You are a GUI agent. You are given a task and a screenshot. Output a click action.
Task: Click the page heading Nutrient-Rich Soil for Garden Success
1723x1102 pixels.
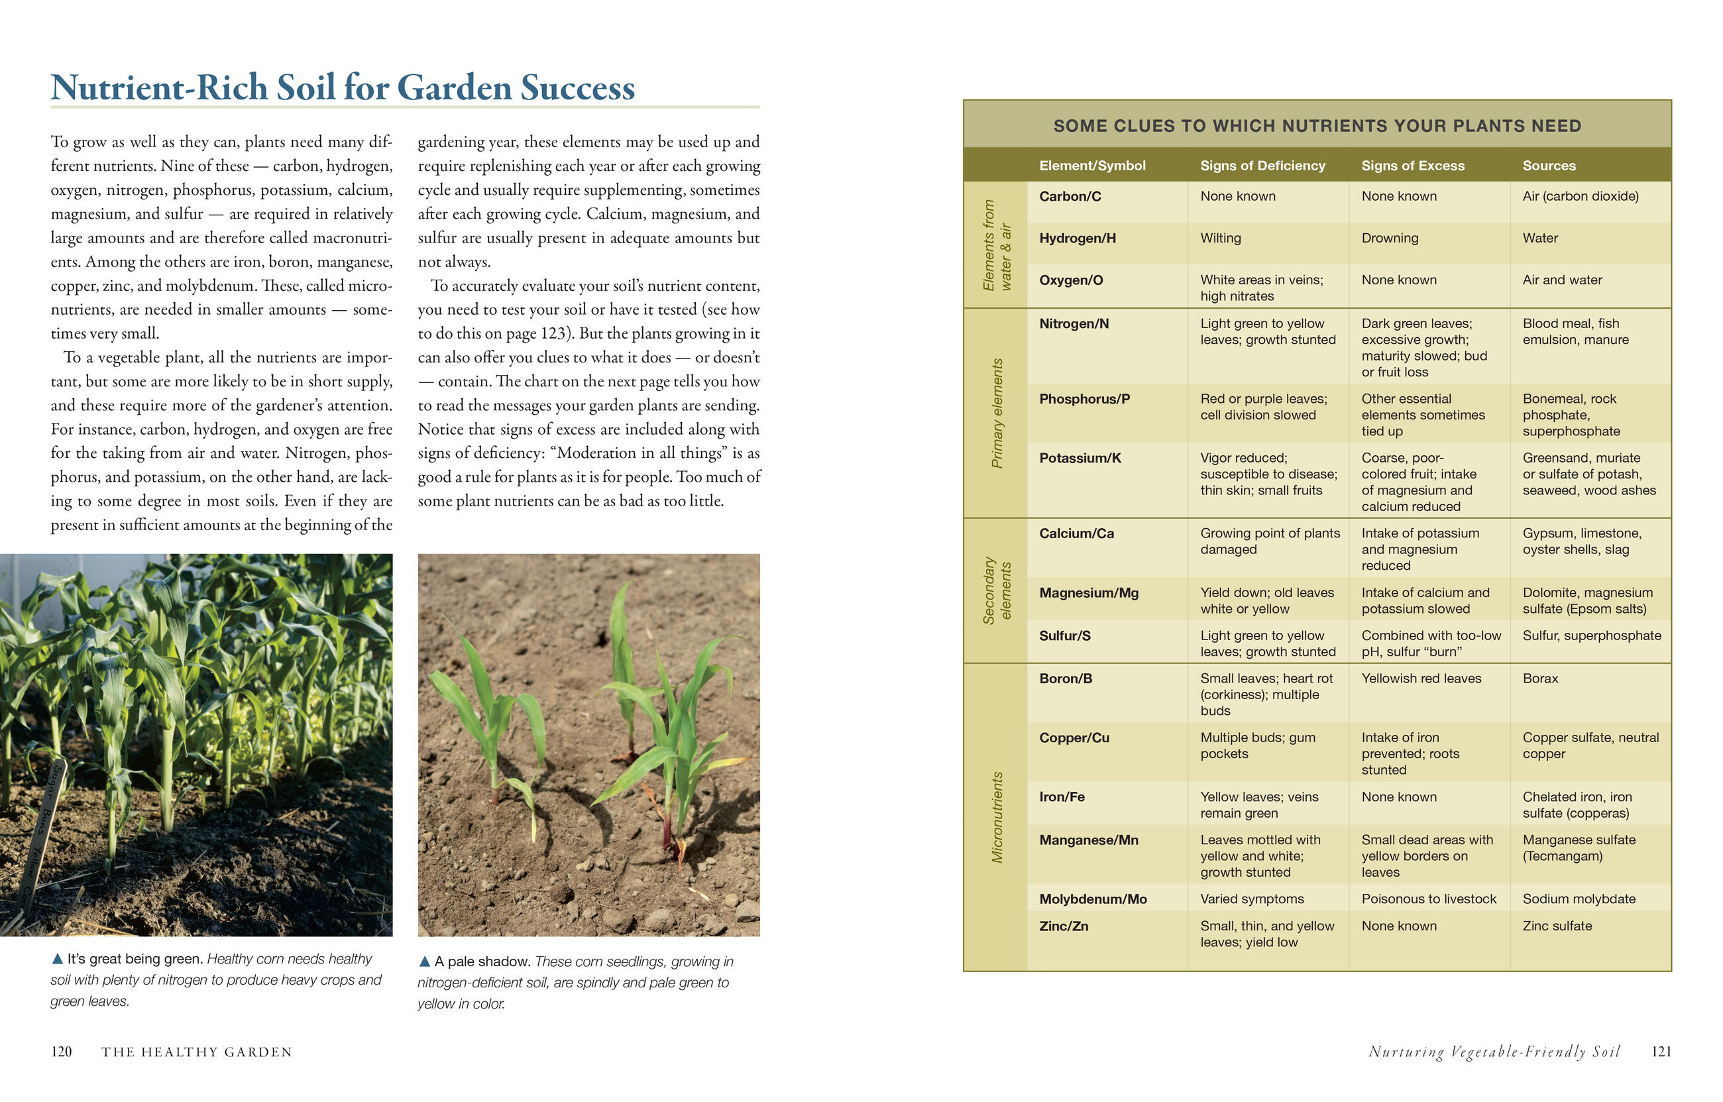click(343, 87)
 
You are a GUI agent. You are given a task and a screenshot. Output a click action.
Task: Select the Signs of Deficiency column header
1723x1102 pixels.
click(1262, 165)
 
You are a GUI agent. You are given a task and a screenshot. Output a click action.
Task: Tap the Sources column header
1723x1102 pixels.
click(1549, 165)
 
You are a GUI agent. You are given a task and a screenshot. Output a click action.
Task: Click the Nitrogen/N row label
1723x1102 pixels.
click(1074, 323)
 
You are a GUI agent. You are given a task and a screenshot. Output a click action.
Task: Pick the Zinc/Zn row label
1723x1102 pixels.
click(1063, 926)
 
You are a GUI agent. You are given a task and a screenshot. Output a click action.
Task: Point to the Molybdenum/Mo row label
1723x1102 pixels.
click(1093, 899)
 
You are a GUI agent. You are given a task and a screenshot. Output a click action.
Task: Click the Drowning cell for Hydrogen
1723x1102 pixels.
click(1390, 238)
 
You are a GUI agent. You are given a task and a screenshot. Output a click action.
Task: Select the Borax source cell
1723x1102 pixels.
click(1540, 679)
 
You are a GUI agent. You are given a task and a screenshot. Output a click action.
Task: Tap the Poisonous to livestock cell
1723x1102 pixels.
click(1428, 899)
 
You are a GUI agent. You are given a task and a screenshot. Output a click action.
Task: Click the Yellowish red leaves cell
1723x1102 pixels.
click(1421, 679)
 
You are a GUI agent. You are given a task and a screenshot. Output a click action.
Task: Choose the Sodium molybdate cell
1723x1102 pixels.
click(1579, 899)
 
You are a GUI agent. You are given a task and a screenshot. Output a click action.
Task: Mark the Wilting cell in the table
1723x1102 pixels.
click(1221, 238)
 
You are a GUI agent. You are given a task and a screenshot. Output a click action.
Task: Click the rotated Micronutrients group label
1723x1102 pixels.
click(997, 817)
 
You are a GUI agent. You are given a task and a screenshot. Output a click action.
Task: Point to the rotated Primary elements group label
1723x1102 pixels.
click(997, 413)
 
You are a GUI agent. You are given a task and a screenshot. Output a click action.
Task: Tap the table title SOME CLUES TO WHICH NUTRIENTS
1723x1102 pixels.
click(1317, 126)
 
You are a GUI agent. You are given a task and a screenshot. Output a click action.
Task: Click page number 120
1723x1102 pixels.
click(62, 1051)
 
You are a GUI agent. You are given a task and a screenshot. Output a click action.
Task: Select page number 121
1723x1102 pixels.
click(1661, 1051)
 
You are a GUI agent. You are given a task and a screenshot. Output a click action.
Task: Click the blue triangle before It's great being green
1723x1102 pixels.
click(57, 958)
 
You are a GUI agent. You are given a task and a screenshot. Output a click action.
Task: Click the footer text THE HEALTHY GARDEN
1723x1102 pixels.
click(197, 1052)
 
